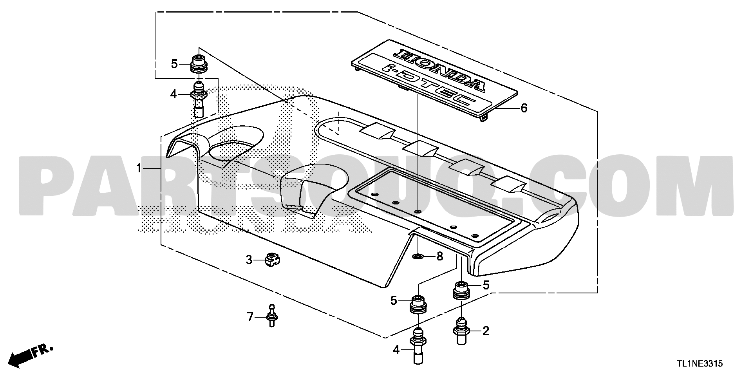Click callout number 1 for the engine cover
point(138,169)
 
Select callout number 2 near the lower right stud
point(486,331)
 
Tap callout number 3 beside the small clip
point(249,260)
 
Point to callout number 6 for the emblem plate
point(524,108)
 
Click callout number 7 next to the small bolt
point(250,317)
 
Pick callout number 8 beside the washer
point(439,257)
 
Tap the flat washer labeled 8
point(418,257)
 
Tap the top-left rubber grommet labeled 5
point(199,64)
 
